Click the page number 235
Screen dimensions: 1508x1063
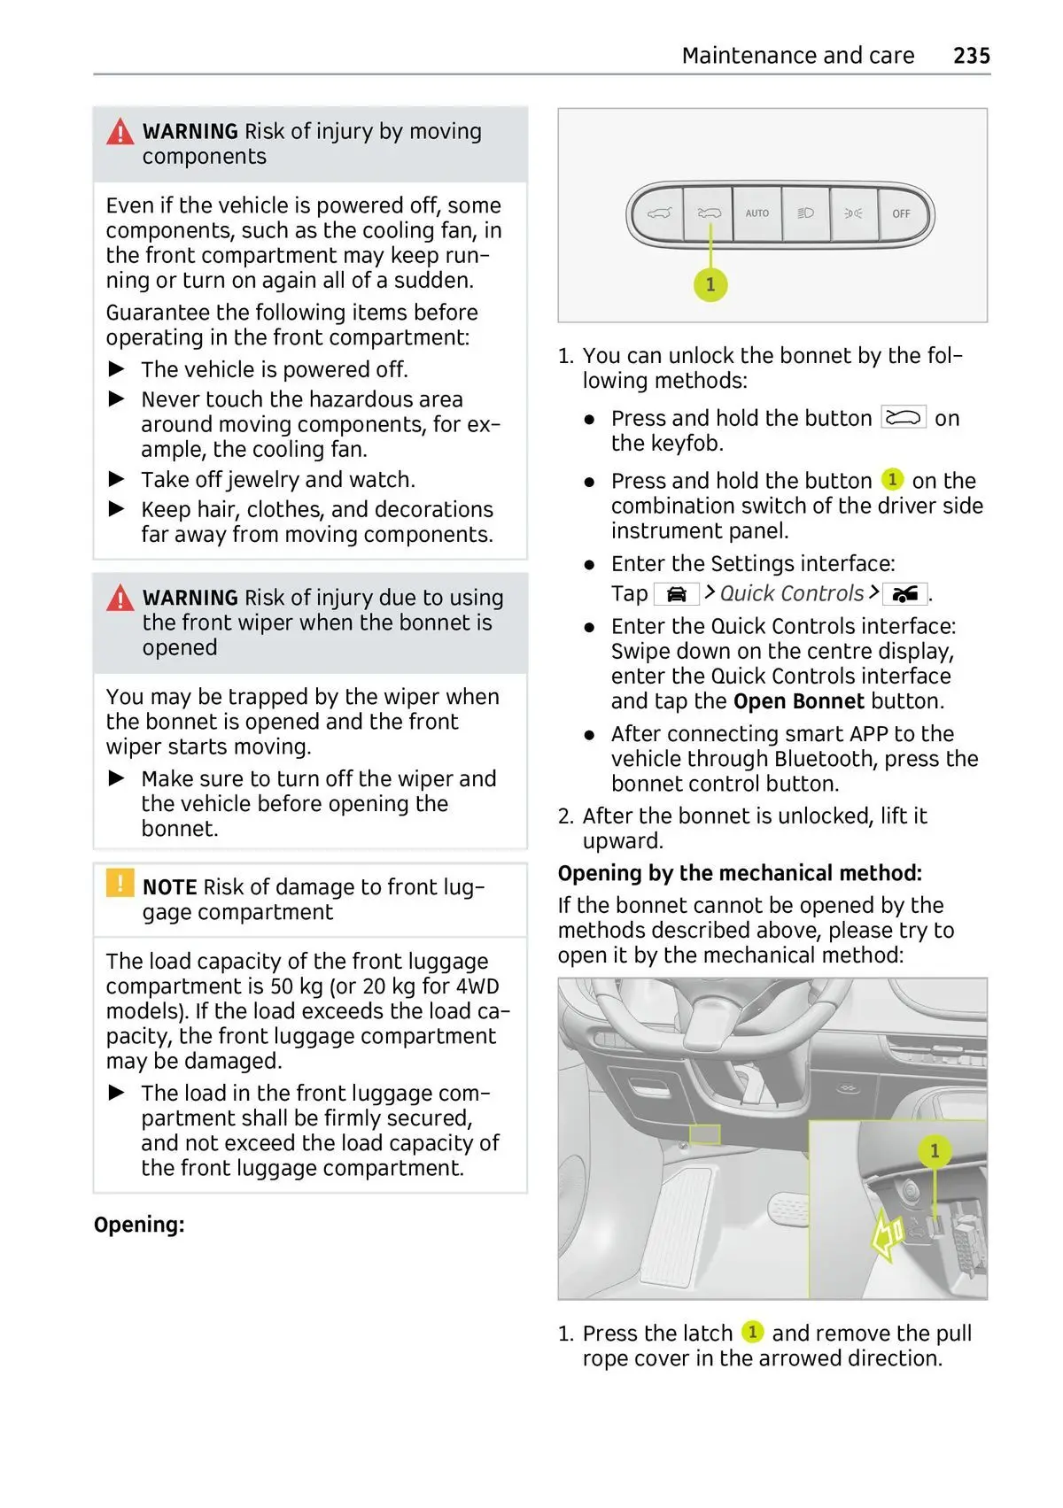971,56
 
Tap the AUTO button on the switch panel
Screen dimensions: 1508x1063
757,213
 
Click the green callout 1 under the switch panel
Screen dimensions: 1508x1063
710,285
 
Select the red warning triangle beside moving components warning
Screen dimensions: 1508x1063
120,133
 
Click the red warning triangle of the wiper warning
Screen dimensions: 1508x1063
120,599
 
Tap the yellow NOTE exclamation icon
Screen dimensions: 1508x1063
120,884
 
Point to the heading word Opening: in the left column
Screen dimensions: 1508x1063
139,1225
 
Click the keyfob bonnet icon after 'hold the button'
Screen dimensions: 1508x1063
903,418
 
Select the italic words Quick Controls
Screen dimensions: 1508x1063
791,593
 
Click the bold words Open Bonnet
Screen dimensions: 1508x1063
798,701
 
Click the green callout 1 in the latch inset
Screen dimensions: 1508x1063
934,1151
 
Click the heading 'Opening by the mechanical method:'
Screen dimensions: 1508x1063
740,873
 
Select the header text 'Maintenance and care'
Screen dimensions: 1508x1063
797,56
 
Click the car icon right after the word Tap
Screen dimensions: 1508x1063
676,594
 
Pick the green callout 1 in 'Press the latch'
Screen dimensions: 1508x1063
752,1332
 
